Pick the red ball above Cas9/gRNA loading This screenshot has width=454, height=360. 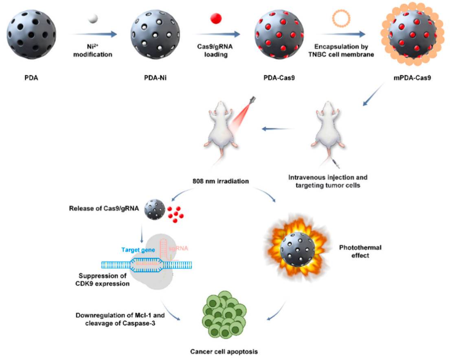click(215, 18)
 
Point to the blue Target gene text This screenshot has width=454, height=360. click(138, 250)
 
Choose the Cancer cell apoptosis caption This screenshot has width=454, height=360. click(222, 351)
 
